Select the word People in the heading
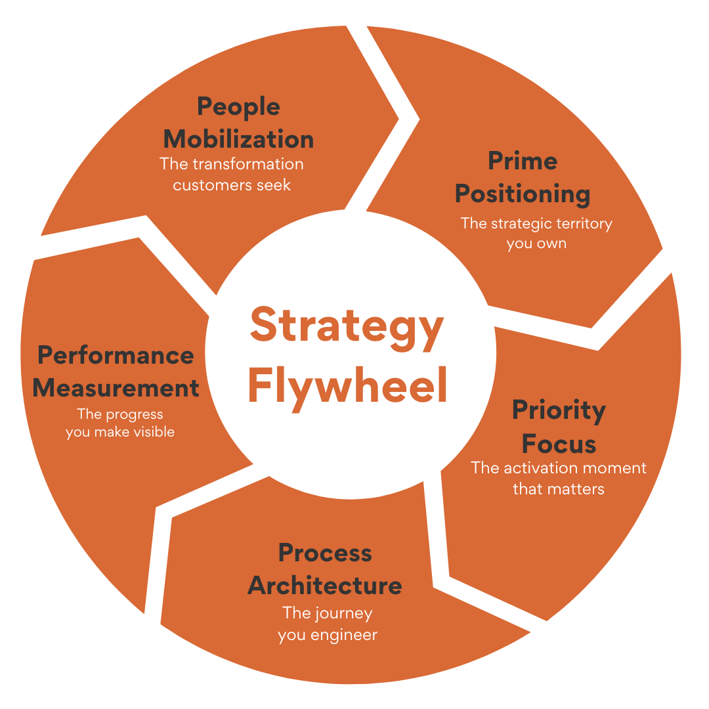[x=238, y=107]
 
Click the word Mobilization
[x=238, y=139]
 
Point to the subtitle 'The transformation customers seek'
[x=232, y=174]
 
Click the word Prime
[x=523, y=161]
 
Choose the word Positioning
[x=523, y=194]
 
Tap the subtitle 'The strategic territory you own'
[x=536, y=233]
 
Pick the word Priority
[x=559, y=410]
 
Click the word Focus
[x=559, y=444]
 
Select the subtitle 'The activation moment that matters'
[x=559, y=478]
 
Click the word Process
[x=325, y=553]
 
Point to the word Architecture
[x=325, y=586]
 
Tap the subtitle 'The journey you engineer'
[x=327, y=624]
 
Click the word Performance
[x=116, y=355]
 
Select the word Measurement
[x=116, y=388]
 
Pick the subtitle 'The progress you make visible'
[x=120, y=423]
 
